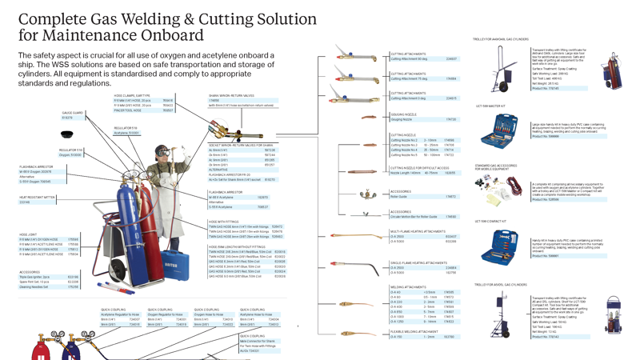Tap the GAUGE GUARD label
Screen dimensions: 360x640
(x=72, y=114)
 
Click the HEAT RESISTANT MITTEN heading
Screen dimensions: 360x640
(x=38, y=197)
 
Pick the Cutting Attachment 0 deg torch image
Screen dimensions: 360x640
(x=355, y=98)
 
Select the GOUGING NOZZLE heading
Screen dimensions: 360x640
(x=403, y=114)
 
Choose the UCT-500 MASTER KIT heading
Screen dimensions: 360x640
(x=490, y=106)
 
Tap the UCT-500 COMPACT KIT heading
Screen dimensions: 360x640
(x=491, y=222)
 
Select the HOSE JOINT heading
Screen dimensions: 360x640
(x=28, y=234)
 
